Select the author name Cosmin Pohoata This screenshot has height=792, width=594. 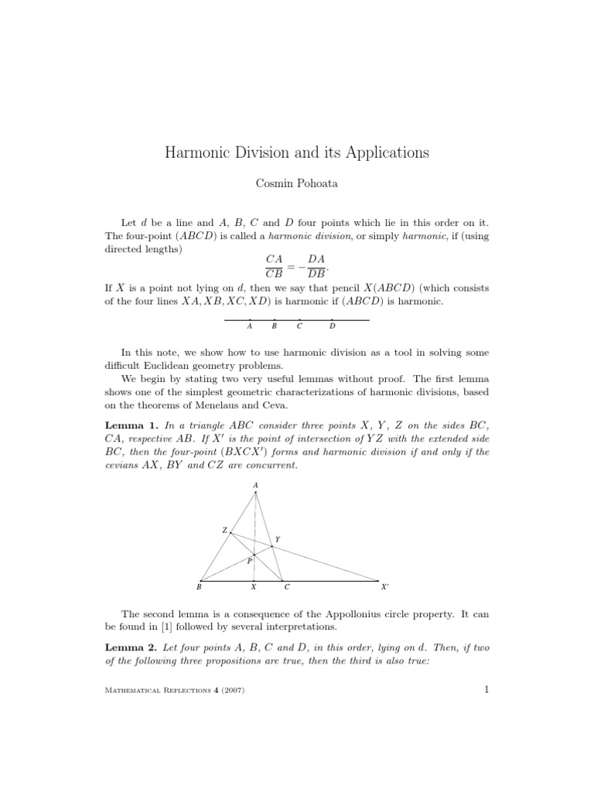click(x=297, y=185)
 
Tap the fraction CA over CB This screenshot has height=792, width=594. click(x=274, y=265)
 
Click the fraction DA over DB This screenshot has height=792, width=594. click(x=317, y=265)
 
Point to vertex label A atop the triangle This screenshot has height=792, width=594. click(x=255, y=486)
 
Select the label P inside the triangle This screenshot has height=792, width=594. click(x=249, y=562)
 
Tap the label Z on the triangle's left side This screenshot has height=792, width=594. click(x=224, y=531)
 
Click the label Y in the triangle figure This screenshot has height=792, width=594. click(x=278, y=539)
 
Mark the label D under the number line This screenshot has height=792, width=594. click(x=332, y=326)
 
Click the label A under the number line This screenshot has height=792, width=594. click(x=249, y=326)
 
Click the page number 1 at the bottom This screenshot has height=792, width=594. click(x=486, y=691)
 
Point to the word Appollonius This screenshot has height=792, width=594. click(x=344, y=613)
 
